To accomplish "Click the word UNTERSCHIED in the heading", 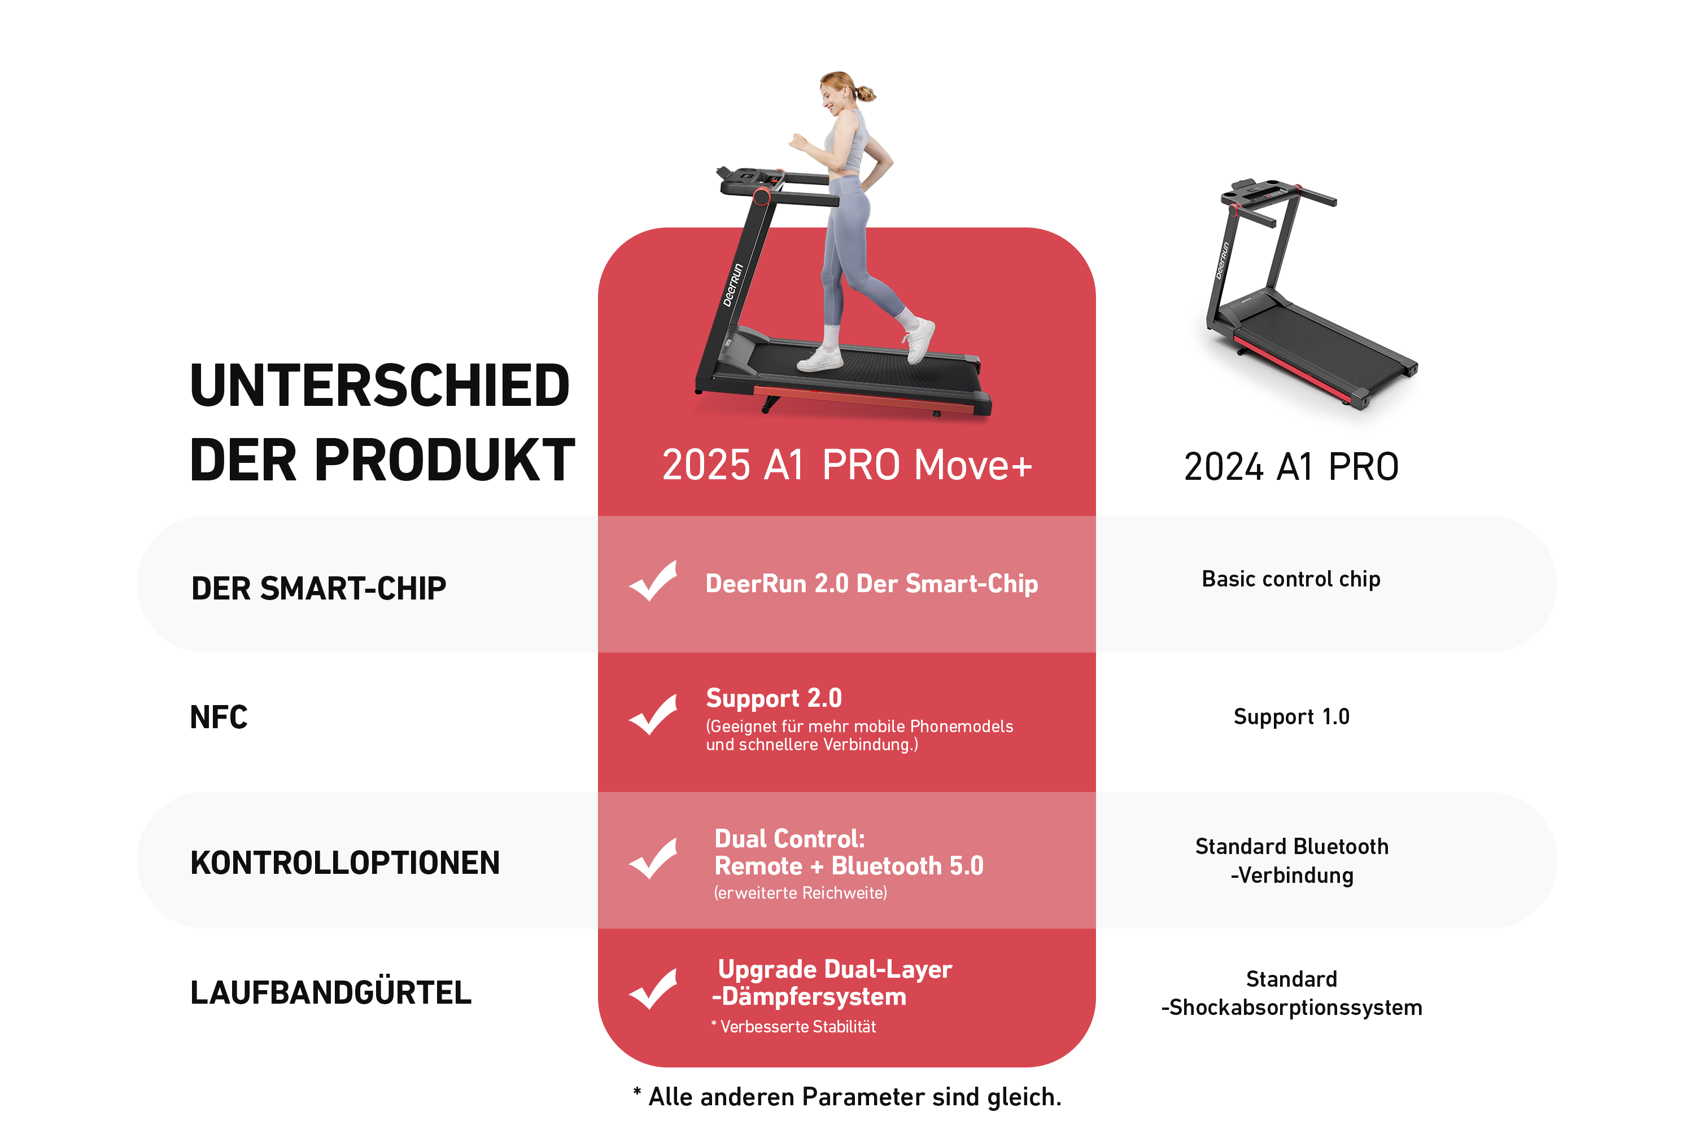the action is pos(379,386).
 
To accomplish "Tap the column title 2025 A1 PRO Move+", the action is pos(847,465).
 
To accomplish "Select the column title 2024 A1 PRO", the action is pos(1291,467).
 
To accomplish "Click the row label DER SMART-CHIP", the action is pos(318,588).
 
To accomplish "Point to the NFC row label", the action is pos(219,717).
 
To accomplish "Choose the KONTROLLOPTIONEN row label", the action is pos(345,863).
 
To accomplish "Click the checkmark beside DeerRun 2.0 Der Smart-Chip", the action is pos(653,581).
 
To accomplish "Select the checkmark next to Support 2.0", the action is pos(653,714).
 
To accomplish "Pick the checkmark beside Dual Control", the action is pos(653,858).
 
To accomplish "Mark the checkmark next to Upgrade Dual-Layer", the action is pos(653,988).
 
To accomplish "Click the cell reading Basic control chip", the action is pos(1291,579).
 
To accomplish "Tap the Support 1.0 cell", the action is pos(1291,716).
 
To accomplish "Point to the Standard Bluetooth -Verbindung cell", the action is pos(1292,860).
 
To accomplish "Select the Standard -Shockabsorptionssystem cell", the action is pos(1292,993).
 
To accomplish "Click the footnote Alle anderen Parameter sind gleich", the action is pos(847,1097).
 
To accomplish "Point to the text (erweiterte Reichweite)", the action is pos(800,893).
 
